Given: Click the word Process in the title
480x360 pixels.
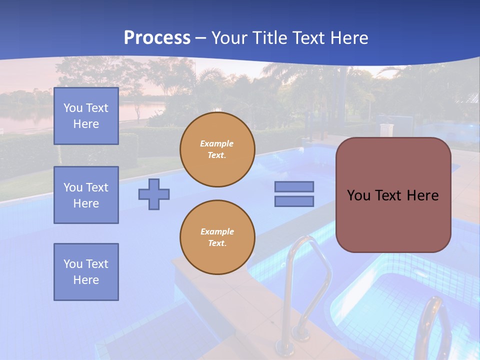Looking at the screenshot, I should coord(157,38).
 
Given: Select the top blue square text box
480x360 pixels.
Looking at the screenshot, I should coord(86,116).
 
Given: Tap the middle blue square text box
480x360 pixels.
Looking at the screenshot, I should coord(86,195).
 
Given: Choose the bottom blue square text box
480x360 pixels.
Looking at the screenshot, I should coord(86,271).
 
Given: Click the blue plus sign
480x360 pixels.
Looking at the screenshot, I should coord(154,194).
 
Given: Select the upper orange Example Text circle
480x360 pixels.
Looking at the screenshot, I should coord(217,149).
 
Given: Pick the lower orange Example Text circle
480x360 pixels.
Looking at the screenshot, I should coord(217,237).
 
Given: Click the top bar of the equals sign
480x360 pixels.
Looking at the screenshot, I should coord(294,186).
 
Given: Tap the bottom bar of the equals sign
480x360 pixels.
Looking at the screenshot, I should coord(294,201).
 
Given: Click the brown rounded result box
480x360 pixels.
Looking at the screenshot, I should coord(393,220).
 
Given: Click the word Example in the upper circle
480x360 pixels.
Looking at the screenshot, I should coord(217,143).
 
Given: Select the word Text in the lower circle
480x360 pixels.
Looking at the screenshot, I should coord(217,243).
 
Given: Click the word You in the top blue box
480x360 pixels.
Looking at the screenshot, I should coord(72,108).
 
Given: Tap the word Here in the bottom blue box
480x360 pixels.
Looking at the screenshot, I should coord(86,280).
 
